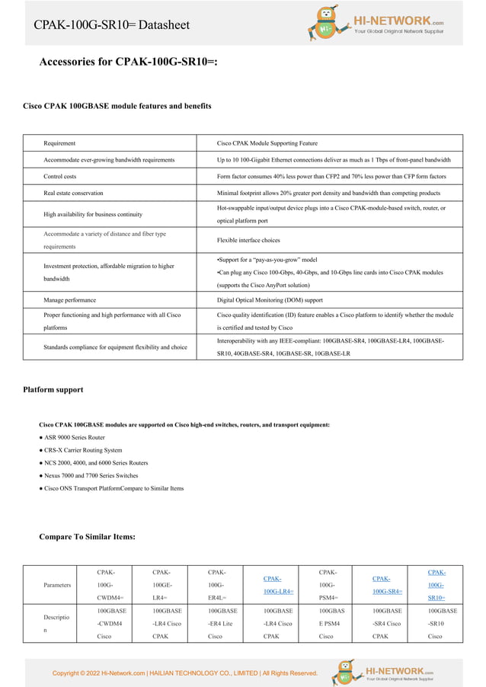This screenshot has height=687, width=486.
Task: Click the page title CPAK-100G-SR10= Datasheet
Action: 111,25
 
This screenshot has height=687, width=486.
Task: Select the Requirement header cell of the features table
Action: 59,143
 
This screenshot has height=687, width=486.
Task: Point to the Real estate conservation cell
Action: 73,193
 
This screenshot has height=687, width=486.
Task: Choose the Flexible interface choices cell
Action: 248,240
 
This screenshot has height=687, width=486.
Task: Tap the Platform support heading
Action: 53,390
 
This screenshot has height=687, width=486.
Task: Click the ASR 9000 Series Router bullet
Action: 74,437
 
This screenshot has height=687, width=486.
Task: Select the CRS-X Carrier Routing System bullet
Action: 82,450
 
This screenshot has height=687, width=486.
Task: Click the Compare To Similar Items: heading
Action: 87,537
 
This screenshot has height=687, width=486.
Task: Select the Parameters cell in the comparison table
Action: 57,585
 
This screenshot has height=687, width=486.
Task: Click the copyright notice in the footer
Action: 184,673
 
